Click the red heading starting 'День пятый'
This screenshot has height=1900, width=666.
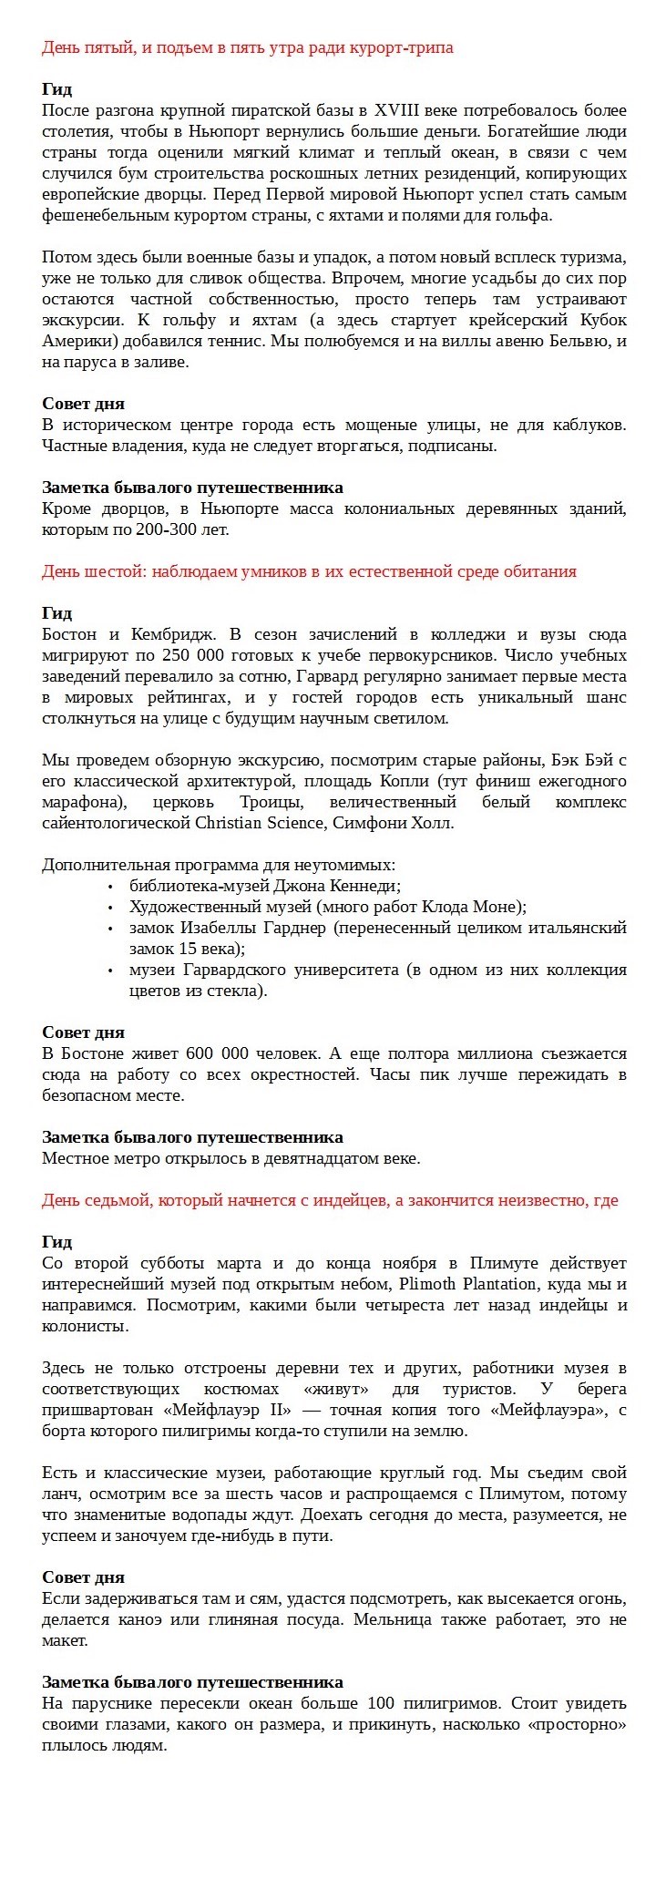(247, 47)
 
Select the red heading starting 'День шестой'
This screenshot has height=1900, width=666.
(309, 571)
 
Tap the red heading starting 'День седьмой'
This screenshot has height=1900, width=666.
(330, 1200)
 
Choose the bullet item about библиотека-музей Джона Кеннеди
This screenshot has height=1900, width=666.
(265, 886)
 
